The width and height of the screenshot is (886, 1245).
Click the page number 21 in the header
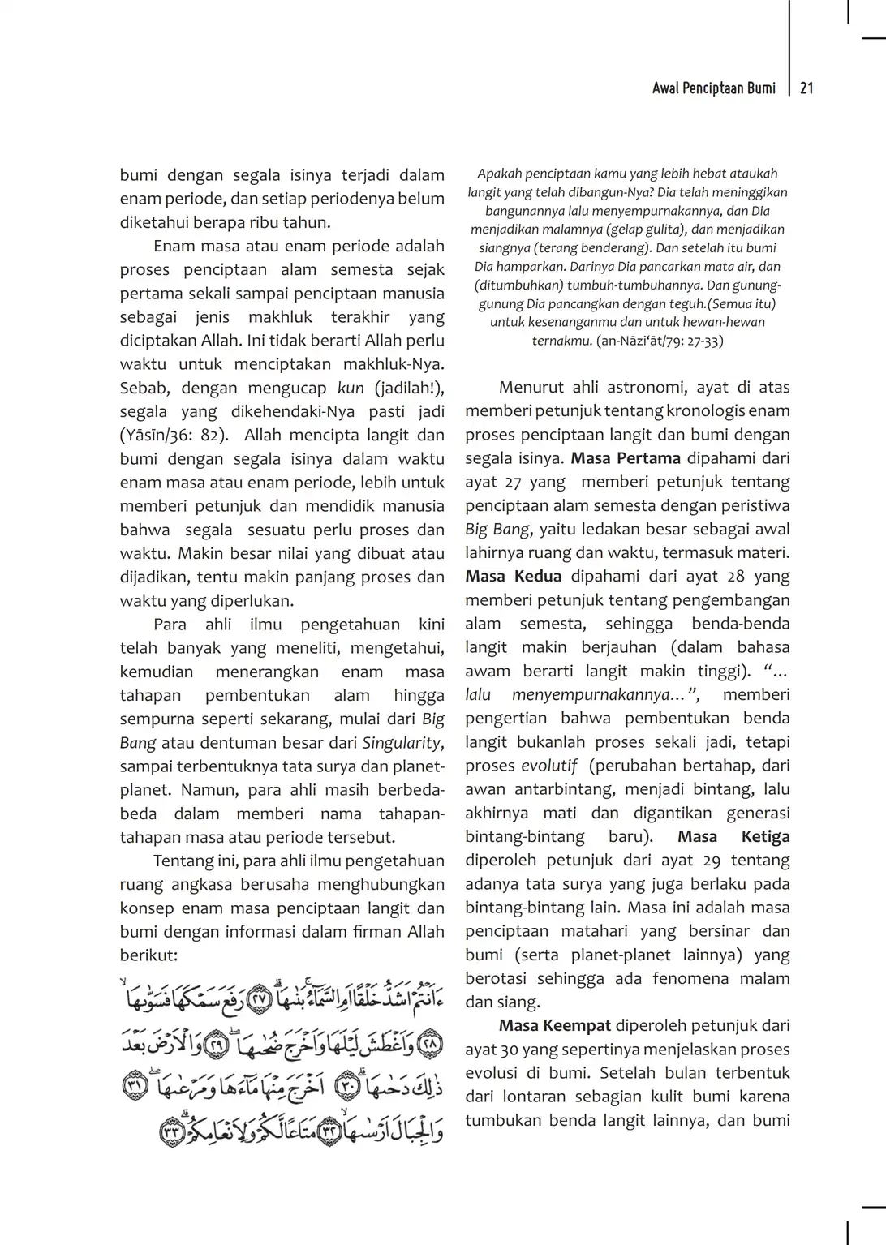tap(806, 88)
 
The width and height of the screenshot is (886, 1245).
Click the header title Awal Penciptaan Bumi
tap(713, 88)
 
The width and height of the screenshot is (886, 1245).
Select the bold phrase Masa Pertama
tap(626, 458)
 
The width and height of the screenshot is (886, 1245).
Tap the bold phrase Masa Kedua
tap(513, 577)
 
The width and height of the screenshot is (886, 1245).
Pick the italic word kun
tap(351, 388)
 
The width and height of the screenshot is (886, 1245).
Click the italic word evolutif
tap(548, 766)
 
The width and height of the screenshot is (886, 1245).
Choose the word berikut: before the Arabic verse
tap(148, 955)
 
